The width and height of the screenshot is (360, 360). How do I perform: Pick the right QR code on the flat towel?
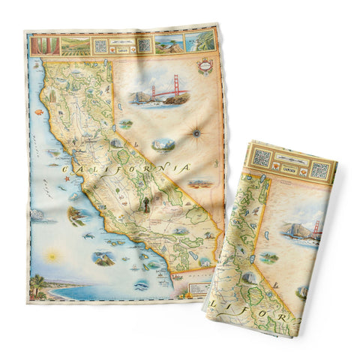143,45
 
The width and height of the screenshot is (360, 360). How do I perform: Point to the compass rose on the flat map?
196,134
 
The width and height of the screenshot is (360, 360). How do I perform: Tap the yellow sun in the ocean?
52,256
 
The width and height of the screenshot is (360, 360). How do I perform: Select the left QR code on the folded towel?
262,158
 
